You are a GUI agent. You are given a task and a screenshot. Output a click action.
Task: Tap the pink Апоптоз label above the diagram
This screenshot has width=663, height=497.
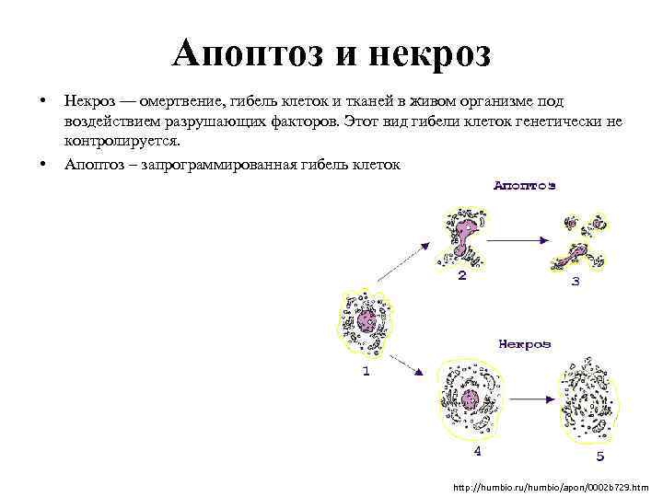click(524, 186)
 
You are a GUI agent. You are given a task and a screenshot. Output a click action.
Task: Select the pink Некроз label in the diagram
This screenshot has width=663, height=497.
click(524, 344)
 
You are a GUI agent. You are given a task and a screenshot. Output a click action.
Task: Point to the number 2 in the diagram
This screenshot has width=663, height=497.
click(461, 275)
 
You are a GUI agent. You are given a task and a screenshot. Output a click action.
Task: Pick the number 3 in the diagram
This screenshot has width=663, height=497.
click(576, 281)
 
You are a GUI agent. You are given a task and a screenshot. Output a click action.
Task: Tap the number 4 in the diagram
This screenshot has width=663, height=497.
click(476, 451)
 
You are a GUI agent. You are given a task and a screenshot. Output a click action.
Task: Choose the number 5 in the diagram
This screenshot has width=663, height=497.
click(600, 456)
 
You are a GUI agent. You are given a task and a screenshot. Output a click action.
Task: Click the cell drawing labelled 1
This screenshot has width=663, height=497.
click(367, 321)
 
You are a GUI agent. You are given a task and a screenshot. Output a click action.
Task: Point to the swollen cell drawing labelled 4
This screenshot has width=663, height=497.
click(471, 399)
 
